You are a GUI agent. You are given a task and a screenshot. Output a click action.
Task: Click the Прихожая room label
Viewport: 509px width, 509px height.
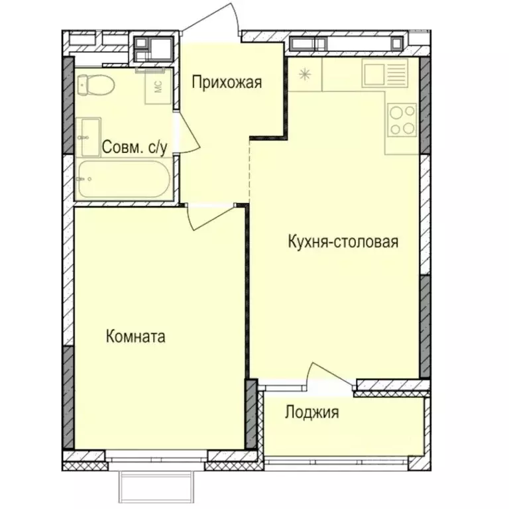(x=227, y=83)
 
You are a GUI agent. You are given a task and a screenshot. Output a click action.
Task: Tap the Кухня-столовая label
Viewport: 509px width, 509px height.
(x=343, y=241)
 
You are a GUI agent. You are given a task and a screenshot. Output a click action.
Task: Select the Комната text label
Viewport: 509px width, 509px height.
(x=135, y=337)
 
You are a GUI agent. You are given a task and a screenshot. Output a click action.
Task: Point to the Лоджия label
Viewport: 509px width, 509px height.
(x=311, y=413)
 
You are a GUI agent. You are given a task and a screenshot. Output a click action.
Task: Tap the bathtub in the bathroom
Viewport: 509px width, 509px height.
(x=122, y=179)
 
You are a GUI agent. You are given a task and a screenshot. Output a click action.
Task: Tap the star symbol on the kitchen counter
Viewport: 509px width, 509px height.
(x=304, y=74)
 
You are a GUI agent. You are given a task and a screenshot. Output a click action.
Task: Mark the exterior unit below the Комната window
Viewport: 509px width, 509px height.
(x=157, y=487)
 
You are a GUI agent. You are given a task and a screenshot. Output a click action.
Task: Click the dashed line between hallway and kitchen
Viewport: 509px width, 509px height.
(x=249, y=172)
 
